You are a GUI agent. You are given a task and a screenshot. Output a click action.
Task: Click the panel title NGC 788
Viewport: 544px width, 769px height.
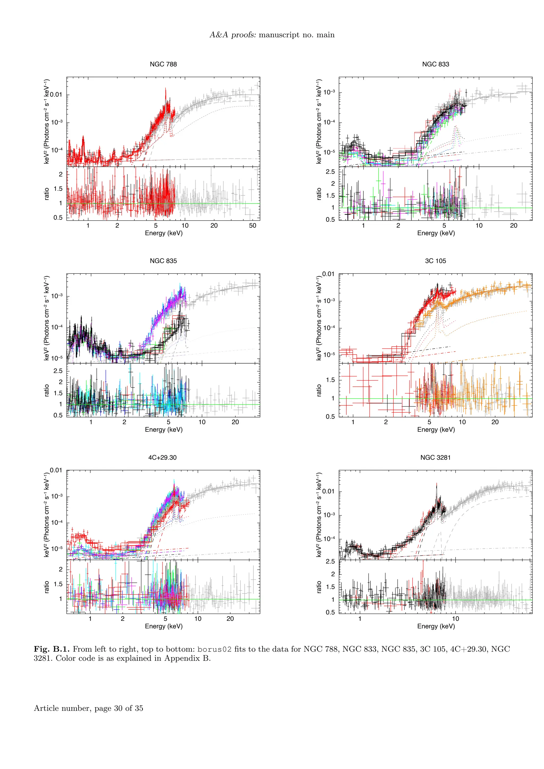pos(163,64)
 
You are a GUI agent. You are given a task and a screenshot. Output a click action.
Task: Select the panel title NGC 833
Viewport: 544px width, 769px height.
pos(435,64)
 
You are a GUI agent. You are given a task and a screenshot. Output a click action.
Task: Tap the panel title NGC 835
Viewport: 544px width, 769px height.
pos(163,260)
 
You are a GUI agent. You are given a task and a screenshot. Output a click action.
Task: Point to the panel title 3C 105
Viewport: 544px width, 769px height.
pos(435,260)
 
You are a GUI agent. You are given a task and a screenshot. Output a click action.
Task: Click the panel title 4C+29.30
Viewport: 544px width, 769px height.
pos(163,457)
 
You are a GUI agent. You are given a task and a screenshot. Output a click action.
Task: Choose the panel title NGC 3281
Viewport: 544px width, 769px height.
pos(435,457)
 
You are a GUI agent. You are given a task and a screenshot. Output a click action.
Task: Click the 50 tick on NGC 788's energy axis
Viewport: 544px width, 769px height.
pos(253,225)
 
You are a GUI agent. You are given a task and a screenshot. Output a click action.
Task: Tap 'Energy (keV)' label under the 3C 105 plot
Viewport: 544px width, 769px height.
pos(436,429)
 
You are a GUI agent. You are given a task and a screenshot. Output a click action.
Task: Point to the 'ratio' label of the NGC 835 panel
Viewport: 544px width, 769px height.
pos(46,390)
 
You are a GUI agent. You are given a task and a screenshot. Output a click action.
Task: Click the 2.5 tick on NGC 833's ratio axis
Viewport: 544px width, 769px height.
pos(330,172)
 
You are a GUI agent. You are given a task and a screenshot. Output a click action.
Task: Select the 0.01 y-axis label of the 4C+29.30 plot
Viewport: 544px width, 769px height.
pos(56,470)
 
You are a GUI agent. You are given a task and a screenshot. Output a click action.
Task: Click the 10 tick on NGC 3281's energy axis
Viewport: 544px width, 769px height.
pos(456,619)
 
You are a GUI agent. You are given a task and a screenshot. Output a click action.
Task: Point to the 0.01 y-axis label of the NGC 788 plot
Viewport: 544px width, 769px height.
pos(56,95)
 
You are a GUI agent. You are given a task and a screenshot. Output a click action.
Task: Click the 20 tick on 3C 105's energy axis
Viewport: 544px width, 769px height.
pos(495,422)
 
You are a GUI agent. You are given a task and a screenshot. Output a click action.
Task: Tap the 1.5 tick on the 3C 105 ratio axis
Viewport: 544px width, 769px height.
pos(330,380)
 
